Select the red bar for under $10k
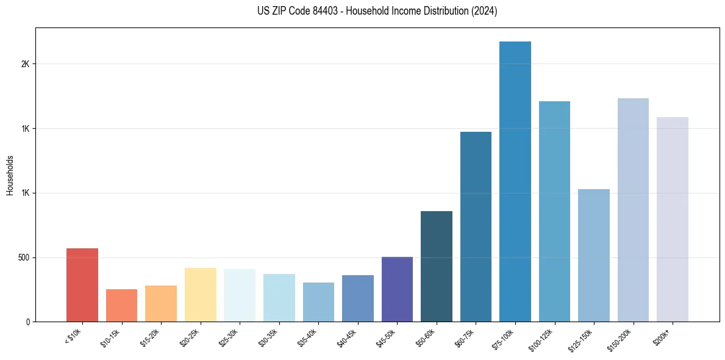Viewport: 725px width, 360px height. [82, 285]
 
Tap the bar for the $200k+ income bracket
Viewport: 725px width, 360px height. [673, 220]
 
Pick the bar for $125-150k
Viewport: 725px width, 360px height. [594, 256]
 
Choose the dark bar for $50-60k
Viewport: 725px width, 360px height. [437, 267]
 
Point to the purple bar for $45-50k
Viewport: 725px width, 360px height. [397, 289]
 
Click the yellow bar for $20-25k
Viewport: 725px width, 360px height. [201, 295]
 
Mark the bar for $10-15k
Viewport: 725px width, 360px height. [122, 306]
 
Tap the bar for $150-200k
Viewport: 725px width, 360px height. [633, 210]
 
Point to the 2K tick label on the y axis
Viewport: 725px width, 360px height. [25, 64]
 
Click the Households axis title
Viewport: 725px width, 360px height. [10, 175]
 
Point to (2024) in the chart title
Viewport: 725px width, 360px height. [484, 11]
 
